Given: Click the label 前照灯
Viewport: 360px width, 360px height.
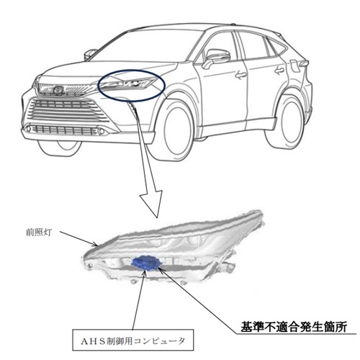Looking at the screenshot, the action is (39, 233).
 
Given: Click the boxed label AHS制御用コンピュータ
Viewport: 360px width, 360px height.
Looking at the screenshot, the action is (133, 341).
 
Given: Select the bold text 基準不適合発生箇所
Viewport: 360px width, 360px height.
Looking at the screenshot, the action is (294, 327).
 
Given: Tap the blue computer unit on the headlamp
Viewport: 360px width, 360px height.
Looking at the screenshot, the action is (146, 262).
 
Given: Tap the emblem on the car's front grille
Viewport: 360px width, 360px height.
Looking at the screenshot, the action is (58, 90).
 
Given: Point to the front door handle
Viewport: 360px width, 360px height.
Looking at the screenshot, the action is (240, 75).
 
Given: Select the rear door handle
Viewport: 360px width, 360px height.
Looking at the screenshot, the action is (279, 71).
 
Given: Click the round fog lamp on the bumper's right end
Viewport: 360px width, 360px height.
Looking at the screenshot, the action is (102, 131).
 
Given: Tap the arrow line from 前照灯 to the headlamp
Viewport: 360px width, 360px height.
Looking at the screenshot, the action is (78, 239).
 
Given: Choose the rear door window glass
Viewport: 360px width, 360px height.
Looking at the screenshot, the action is (253, 45).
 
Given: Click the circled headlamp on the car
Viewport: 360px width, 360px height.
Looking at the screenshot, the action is (127, 84).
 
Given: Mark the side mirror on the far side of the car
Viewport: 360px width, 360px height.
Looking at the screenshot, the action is (90, 55).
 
